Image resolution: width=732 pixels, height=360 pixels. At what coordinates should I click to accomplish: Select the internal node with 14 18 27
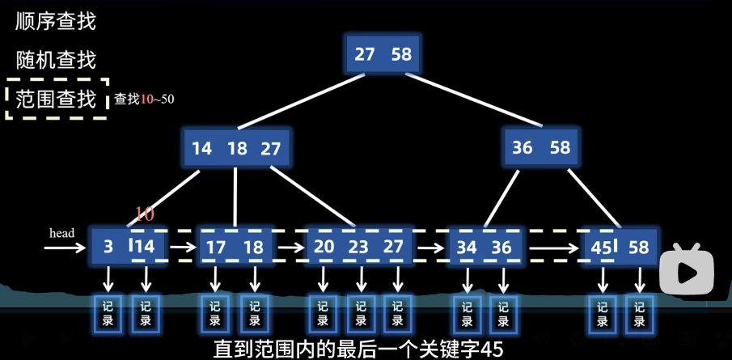[236, 149]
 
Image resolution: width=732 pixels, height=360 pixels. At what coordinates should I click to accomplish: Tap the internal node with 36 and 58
[541, 148]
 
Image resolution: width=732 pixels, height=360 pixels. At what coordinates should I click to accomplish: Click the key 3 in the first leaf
[108, 248]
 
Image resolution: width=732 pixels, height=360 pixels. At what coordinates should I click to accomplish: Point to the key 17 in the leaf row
[216, 248]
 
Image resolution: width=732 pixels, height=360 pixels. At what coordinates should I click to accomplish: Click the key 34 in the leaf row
[467, 248]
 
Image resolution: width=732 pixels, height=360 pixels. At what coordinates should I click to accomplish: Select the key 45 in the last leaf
[601, 248]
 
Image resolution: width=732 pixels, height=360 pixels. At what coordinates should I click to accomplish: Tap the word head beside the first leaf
[62, 233]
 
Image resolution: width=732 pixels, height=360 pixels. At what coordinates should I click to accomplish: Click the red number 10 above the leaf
[144, 214]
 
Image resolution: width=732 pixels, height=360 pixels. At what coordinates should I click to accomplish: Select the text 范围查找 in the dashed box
[56, 99]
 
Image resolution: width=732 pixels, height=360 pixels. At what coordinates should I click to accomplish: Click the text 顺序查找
[56, 22]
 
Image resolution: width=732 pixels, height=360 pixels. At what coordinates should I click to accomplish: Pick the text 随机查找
[56, 60]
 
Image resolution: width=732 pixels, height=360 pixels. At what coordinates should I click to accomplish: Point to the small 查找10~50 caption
[144, 100]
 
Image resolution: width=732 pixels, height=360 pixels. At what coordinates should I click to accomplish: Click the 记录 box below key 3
[108, 314]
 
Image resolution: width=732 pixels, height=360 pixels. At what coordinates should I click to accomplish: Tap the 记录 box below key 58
[640, 314]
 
